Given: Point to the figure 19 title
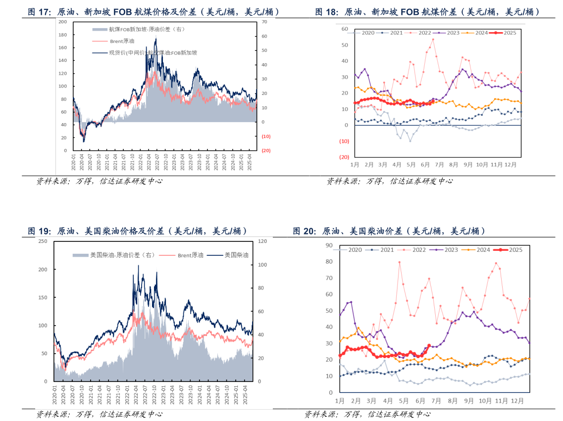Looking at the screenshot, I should click(x=138, y=231).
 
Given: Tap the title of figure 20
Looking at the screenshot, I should click(x=389, y=231).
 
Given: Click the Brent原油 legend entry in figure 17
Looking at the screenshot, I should click(x=122, y=41).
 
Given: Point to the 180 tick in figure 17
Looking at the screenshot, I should click(x=62, y=35).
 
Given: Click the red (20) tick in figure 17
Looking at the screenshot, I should click(x=265, y=151).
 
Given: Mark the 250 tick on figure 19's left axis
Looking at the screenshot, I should click(x=43, y=241).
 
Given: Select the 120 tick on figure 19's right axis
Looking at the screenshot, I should click(x=262, y=241).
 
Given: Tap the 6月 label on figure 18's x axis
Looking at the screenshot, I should click(x=425, y=164).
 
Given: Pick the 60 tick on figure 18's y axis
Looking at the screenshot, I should click(x=345, y=29).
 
